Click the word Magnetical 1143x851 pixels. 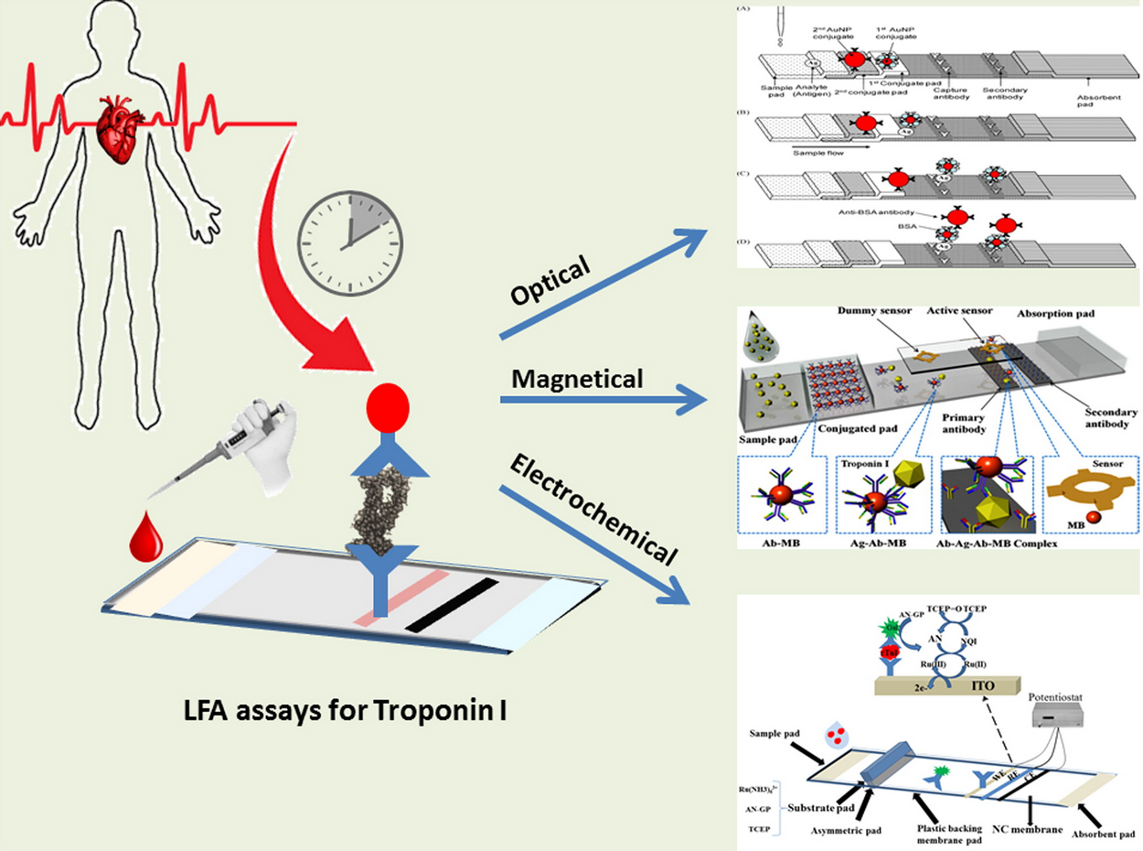point(564,378)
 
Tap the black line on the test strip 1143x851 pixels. point(453,605)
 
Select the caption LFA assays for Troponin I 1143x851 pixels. point(329,709)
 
